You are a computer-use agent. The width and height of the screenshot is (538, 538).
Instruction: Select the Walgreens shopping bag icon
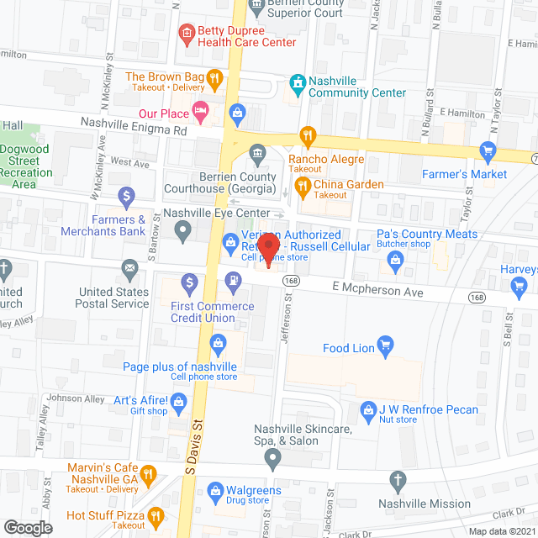(x=215, y=488)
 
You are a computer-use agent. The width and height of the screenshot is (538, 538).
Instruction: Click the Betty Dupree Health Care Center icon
(x=187, y=34)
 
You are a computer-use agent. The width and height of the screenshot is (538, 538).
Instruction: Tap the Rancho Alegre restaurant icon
(x=309, y=134)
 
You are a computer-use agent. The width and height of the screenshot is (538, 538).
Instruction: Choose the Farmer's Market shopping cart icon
(x=488, y=151)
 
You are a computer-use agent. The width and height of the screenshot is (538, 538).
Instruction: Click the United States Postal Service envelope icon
(x=129, y=269)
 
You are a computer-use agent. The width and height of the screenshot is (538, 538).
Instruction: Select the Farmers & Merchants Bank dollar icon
(x=126, y=198)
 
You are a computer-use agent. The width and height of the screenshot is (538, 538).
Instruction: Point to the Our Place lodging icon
(x=200, y=109)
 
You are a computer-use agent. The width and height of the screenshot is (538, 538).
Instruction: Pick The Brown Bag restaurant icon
(x=215, y=80)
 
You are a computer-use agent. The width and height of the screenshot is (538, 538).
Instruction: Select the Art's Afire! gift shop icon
(x=179, y=403)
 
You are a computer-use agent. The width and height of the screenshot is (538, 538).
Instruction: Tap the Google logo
(x=27, y=527)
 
